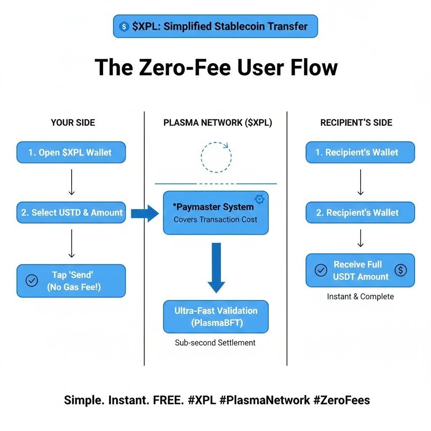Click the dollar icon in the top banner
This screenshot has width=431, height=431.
[124, 27]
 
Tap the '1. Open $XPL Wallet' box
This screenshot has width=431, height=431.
[71, 152]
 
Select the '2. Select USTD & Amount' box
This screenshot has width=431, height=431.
[71, 213]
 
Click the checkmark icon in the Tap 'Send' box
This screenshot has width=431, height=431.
[32, 281]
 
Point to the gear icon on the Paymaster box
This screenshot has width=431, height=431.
[260, 199]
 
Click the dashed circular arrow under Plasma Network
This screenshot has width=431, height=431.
[216, 157]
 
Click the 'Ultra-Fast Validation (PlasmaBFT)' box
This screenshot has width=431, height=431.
[215, 317]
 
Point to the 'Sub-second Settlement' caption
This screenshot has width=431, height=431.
[215, 343]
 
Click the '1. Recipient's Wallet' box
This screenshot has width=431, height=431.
[360, 152]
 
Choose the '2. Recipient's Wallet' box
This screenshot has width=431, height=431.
[360, 213]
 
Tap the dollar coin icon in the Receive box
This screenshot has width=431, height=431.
[401, 270]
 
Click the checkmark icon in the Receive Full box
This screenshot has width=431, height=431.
[321, 270]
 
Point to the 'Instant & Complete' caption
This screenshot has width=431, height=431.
[360, 296]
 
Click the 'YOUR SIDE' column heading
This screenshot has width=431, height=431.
[73, 122]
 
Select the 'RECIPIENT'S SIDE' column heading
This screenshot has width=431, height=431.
[356, 122]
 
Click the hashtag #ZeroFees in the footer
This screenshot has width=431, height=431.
[341, 400]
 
